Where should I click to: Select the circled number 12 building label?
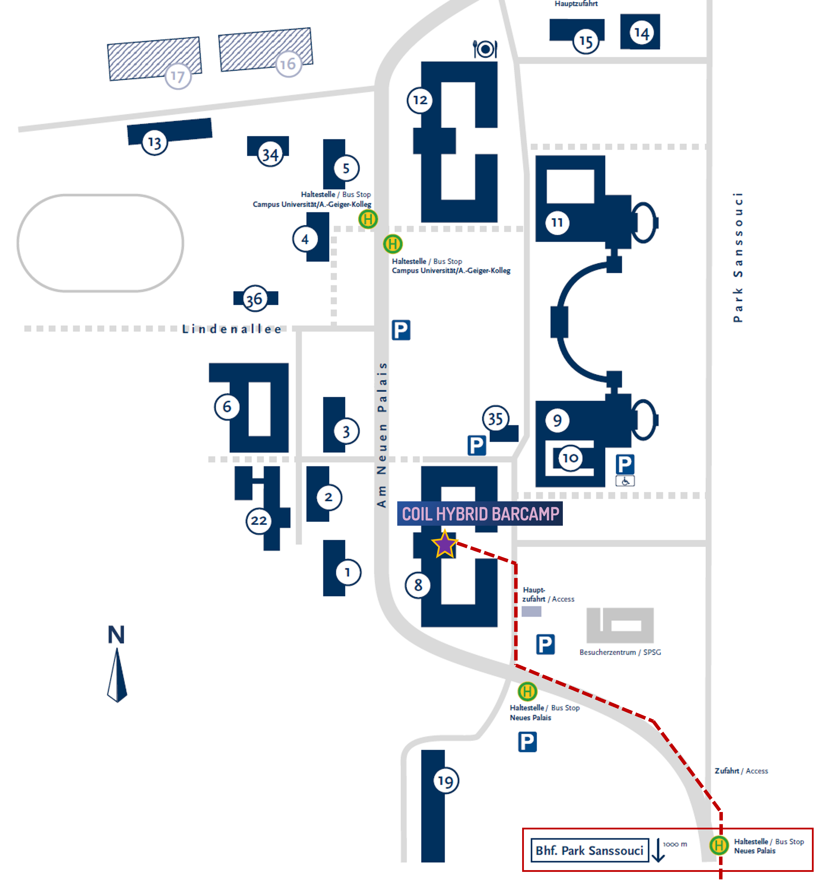click(420, 101)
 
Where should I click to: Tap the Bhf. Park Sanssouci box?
click(589, 850)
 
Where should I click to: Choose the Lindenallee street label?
click(231, 329)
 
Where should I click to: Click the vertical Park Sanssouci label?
click(737, 257)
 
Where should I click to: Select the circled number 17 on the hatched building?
click(178, 77)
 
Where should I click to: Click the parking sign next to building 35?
click(476, 445)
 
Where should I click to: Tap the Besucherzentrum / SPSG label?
click(620, 652)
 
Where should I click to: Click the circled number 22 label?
click(258, 520)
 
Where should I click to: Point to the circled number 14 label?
click(641, 33)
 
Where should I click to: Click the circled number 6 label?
click(227, 406)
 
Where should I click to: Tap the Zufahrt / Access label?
click(741, 771)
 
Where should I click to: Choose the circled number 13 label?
click(154, 143)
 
